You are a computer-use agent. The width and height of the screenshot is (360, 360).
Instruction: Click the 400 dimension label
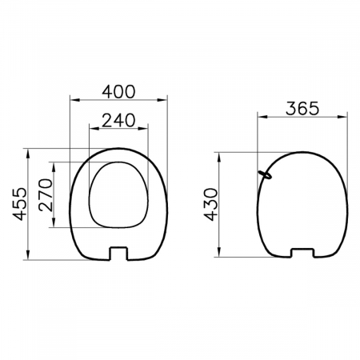pos(118,92)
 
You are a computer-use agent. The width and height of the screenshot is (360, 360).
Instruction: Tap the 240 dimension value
pos(118,120)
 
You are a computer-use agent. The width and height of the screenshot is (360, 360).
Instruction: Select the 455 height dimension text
pos(20,204)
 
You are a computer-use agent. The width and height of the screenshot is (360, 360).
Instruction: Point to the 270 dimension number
pos(46,194)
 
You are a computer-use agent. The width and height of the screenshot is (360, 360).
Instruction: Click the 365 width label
pos(302,109)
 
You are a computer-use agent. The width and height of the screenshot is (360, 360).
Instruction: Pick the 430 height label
pos(210,205)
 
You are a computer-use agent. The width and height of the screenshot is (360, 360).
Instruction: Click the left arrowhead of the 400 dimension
pos(74,100)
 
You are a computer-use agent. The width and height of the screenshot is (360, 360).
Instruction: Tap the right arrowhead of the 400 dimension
pos(162,100)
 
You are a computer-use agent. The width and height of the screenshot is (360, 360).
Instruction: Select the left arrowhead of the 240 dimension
pos(94,129)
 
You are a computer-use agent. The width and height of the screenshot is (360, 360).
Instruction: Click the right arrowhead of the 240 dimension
pos(142,129)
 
